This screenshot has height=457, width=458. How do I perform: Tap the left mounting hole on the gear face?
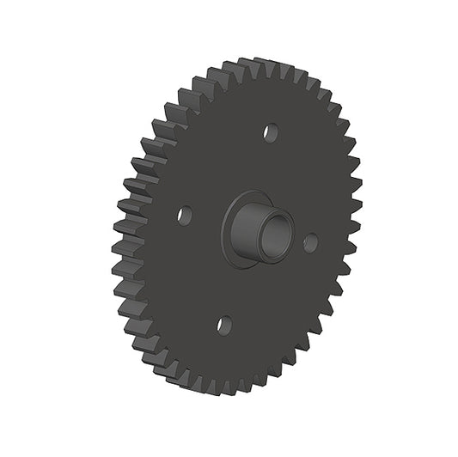pyautogui.click(x=184, y=214)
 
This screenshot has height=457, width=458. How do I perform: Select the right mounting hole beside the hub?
pyautogui.click(x=310, y=242)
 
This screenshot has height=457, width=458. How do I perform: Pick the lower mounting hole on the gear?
pyautogui.click(x=224, y=325)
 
